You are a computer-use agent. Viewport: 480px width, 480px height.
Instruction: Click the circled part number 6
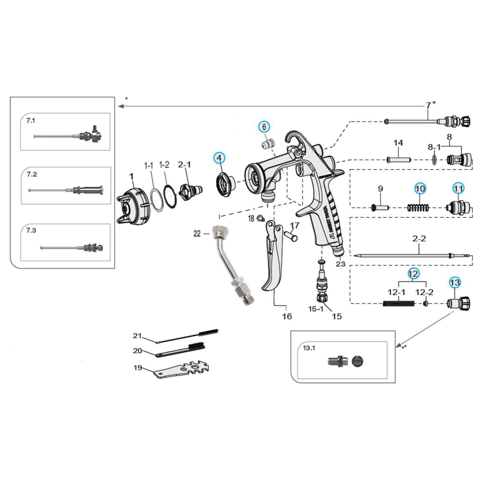click(264, 127)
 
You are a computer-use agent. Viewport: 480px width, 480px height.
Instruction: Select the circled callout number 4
click(219, 158)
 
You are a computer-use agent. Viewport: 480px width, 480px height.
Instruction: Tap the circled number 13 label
click(455, 282)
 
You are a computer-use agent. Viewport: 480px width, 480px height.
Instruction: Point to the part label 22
click(197, 234)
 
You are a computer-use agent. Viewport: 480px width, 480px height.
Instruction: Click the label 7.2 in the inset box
click(32, 174)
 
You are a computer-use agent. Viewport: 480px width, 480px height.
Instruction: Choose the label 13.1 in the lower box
click(309, 348)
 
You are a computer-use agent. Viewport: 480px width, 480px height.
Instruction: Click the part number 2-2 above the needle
click(419, 239)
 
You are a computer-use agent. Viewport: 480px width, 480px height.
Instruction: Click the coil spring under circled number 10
click(418, 207)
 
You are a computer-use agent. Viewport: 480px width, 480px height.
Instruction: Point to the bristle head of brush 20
click(197, 346)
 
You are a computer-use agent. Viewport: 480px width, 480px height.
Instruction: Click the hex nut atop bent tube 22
click(218, 231)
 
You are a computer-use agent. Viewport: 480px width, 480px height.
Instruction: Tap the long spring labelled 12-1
click(398, 303)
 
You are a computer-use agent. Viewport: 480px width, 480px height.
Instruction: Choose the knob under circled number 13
click(458, 304)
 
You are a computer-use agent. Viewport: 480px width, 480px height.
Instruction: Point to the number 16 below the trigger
click(287, 316)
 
